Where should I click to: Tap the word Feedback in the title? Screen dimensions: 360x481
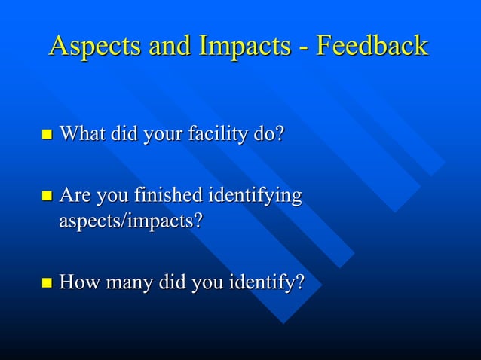tap(372, 47)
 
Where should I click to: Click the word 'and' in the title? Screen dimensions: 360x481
tap(170, 47)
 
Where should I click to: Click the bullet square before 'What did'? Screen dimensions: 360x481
tap(47, 136)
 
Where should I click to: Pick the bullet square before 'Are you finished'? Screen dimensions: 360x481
tap(47, 197)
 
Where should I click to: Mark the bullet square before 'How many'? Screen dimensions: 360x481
tap(47, 284)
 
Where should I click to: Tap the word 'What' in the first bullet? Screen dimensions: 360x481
tap(82, 135)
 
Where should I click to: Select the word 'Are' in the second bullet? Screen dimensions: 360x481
tap(74, 197)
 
